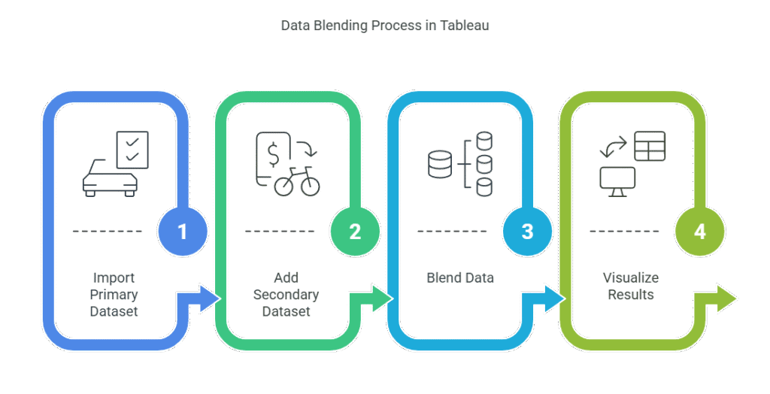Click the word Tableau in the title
click(x=464, y=25)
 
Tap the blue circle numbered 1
click(x=183, y=231)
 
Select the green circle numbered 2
click(x=355, y=231)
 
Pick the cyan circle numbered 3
click(x=527, y=231)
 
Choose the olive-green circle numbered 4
click(x=700, y=231)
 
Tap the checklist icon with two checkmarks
click(x=132, y=150)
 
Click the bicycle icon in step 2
click(x=297, y=181)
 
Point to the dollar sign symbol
click(x=274, y=154)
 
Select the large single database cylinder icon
click(x=440, y=164)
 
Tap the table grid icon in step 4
click(x=650, y=146)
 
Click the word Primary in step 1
click(x=114, y=295)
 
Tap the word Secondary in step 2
click(x=286, y=295)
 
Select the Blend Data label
click(x=460, y=277)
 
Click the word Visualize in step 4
click(x=631, y=277)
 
